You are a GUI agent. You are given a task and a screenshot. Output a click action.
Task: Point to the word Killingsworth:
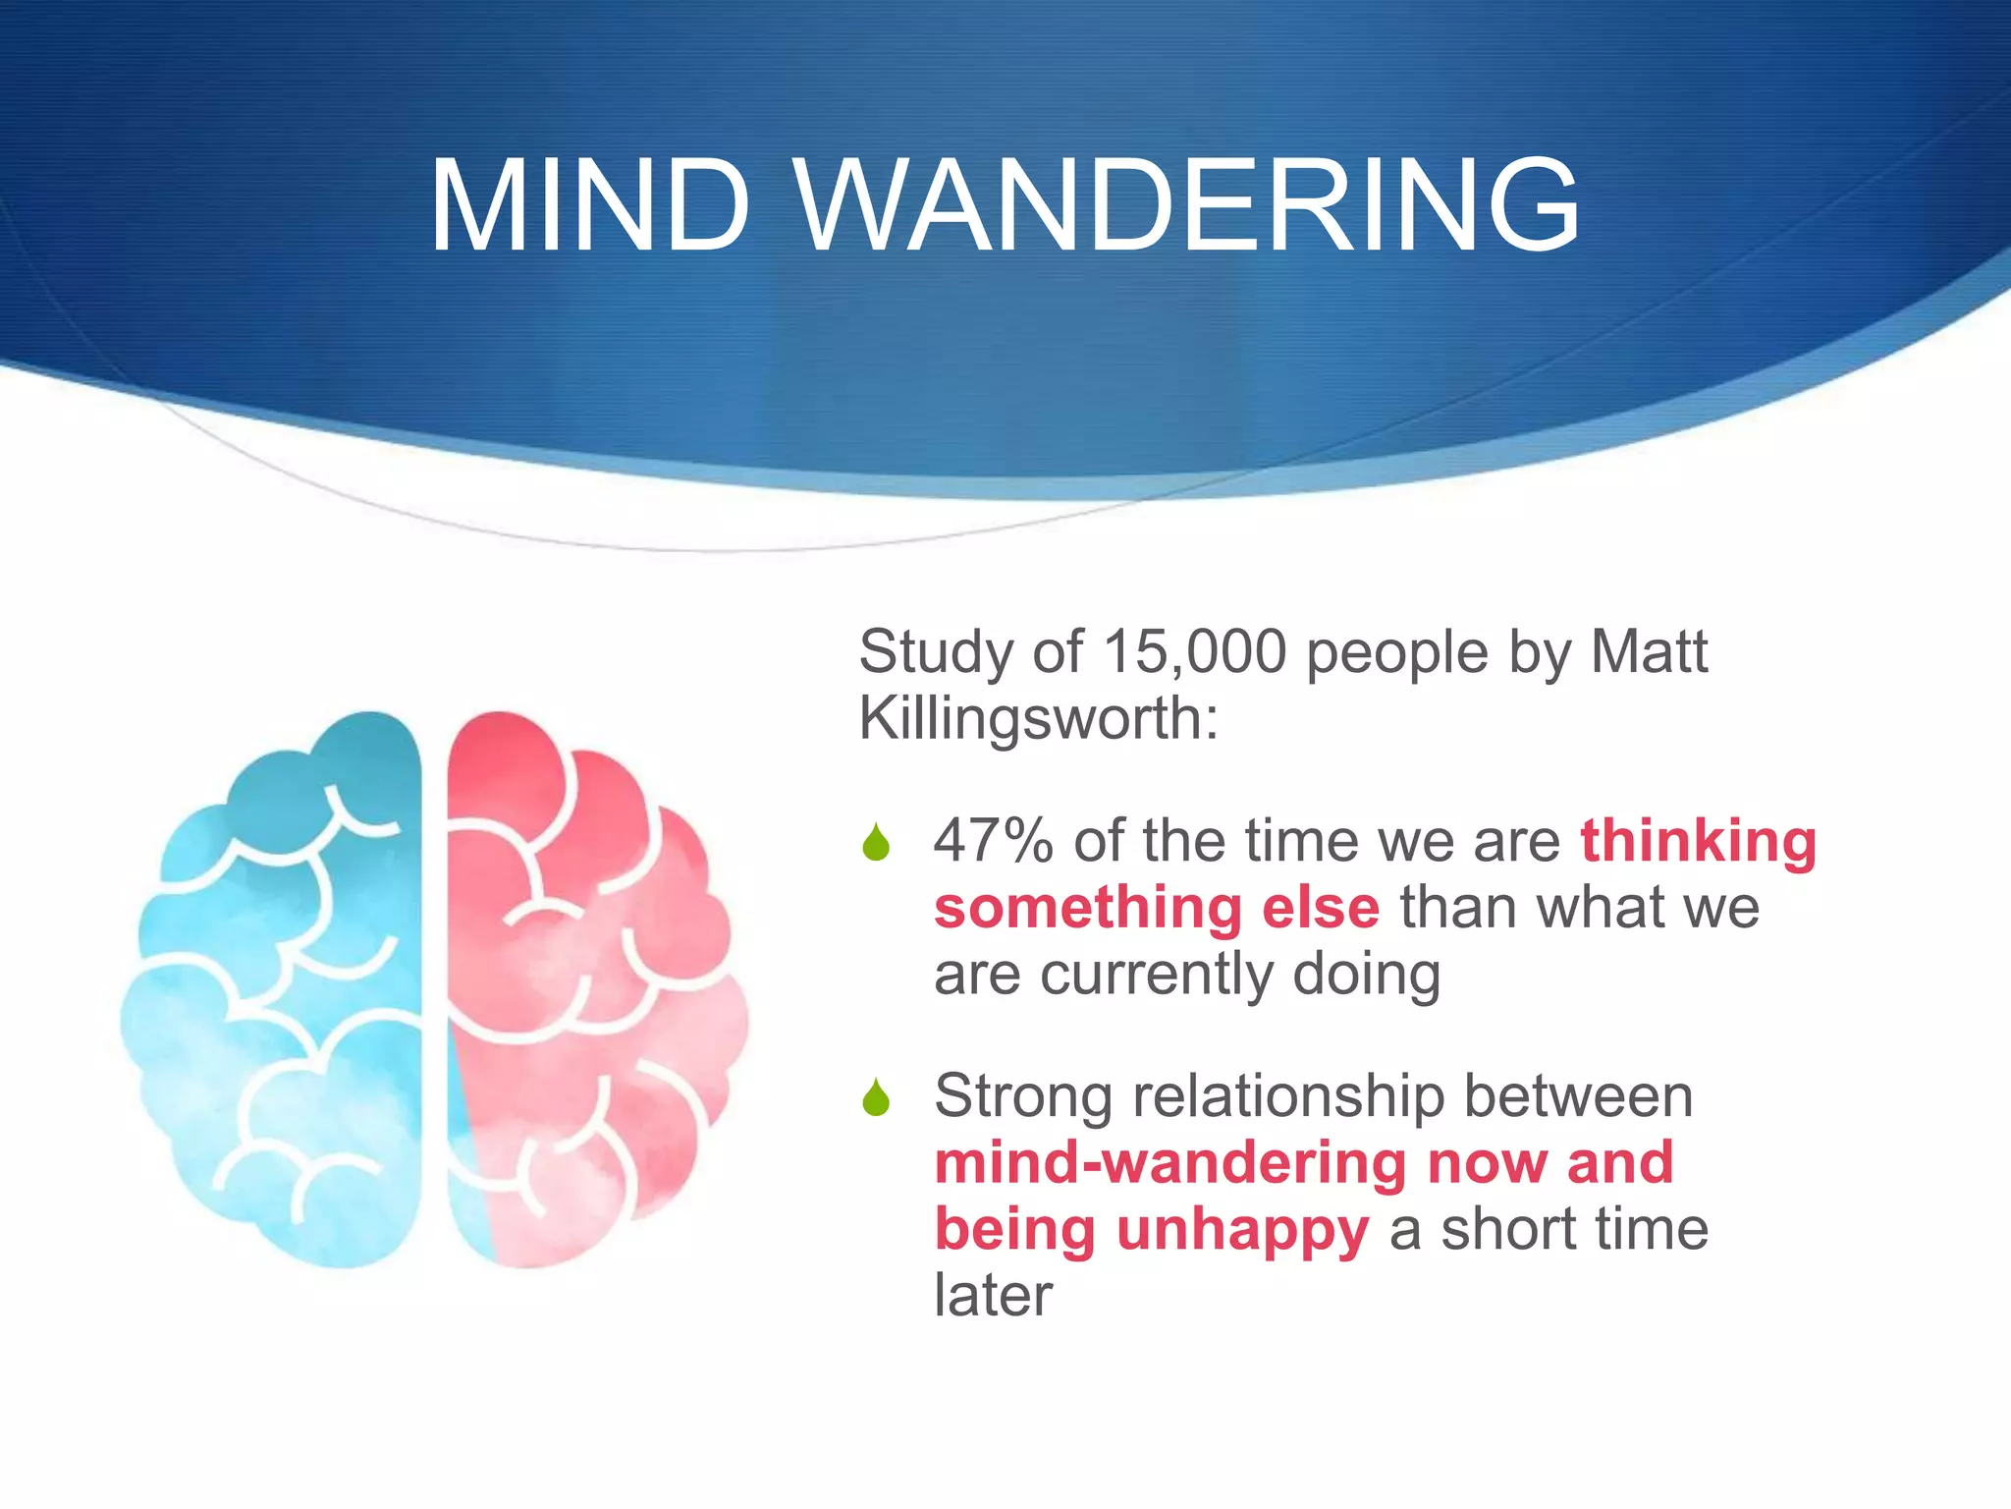1039,718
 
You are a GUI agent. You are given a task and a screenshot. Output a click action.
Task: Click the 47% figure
993,841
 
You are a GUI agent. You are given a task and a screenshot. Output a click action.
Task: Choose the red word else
1321,907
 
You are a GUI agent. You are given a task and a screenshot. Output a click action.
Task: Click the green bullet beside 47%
876,843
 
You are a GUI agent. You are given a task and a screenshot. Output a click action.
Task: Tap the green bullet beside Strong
876,1097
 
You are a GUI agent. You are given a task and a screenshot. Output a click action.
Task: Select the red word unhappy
1242,1230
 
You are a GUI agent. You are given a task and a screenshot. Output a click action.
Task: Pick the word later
993,1295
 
